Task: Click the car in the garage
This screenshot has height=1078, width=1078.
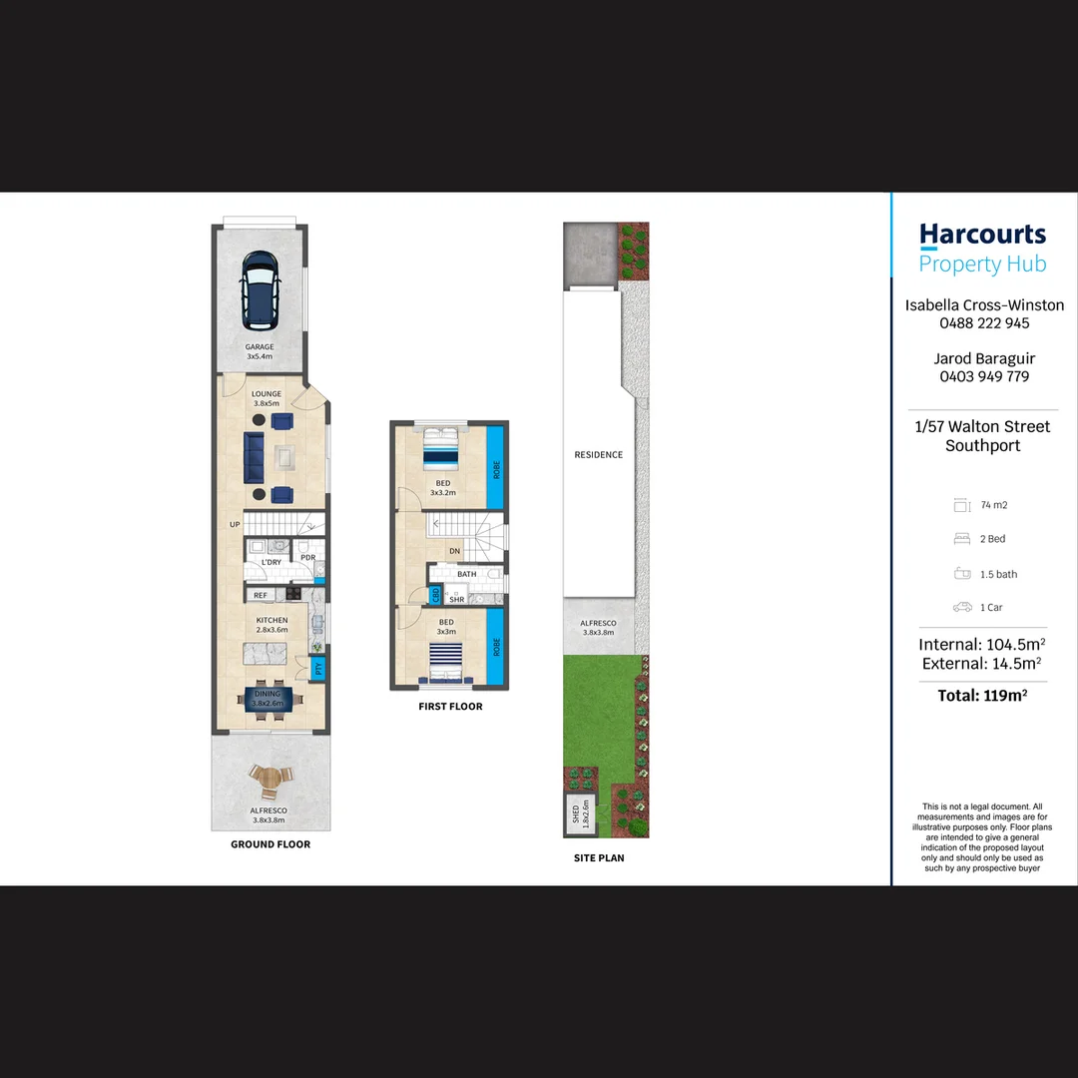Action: [x=260, y=288]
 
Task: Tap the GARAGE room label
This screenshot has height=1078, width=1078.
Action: [x=260, y=347]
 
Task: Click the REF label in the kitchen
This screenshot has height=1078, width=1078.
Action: [x=260, y=596]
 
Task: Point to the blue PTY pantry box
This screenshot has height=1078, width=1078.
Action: [x=318, y=668]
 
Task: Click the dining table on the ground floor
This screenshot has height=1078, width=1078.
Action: [x=267, y=697]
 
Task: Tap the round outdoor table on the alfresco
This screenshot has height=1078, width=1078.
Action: [x=267, y=778]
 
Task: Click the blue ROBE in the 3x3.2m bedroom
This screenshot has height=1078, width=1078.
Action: [x=495, y=467]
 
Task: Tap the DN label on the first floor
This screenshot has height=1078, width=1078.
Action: [x=454, y=551]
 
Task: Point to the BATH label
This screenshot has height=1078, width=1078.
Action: [x=466, y=574]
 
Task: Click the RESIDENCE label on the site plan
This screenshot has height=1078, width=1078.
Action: [x=598, y=455]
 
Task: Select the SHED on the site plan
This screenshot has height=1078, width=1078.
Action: [x=578, y=815]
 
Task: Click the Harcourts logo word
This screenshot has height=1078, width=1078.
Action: [x=982, y=236]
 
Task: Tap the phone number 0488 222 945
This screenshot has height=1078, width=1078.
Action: [x=984, y=323]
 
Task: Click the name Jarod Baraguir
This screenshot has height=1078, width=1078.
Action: [x=984, y=358]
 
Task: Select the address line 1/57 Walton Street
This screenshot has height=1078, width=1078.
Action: [x=983, y=426]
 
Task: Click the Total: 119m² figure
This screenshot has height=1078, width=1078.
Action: [x=983, y=696]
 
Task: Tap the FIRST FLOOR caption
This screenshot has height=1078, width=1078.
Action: [x=450, y=707]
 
